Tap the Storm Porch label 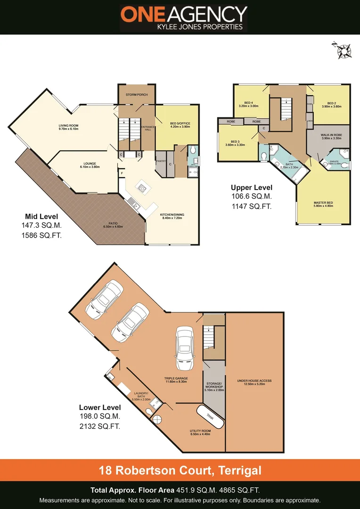coord(137,95)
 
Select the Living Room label coord(68,127)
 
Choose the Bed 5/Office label coord(180,125)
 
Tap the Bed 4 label coord(249,104)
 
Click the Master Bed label coord(323,204)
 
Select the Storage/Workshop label coord(214,387)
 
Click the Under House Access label coord(254,382)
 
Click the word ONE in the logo coord(141,14)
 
